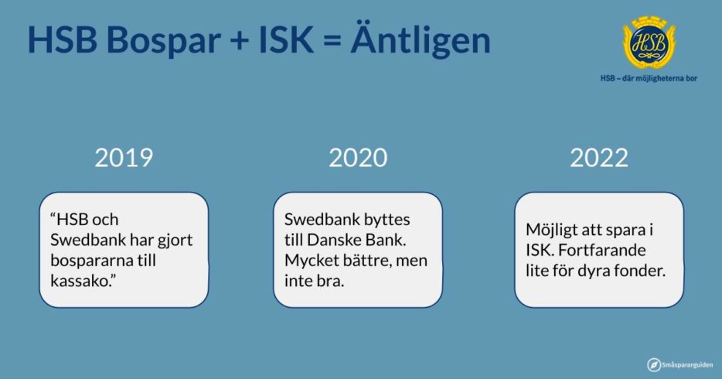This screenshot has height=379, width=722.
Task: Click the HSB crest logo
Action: [x=649, y=43]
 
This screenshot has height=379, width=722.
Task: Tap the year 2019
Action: [x=124, y=158]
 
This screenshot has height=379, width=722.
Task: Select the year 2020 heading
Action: [x=358, y=158]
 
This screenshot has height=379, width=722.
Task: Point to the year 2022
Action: [x=598, y=158]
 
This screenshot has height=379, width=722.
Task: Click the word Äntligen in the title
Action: [x=421, y=39]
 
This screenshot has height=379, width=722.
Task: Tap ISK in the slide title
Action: [x=286, y=40]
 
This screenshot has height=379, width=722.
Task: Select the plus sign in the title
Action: [x=240, y=41]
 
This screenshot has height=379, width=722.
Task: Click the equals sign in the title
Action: [x=332, y=41]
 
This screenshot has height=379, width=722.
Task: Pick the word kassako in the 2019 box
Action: [x=81, y=281]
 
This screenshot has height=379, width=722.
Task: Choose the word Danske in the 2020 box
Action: [x=334, y=240]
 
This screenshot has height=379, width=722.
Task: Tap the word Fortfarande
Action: [x=602, y=250]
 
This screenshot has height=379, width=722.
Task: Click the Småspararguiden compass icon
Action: [x=653, y=365]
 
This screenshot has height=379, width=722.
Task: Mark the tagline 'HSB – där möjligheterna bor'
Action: [x=649, y=78]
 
